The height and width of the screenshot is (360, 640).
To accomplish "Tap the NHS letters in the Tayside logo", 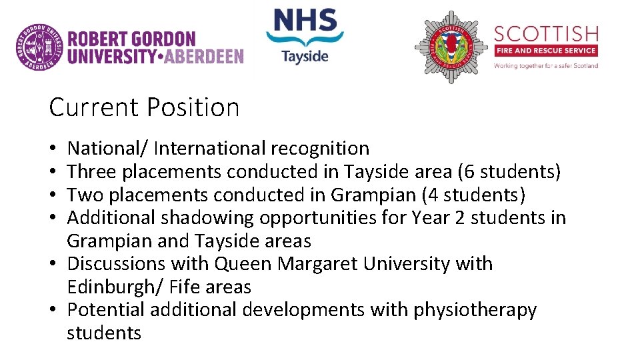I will point(305,21).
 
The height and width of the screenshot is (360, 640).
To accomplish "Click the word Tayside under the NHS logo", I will point(305,55).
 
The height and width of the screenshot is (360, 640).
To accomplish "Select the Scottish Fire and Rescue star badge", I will point(451,47).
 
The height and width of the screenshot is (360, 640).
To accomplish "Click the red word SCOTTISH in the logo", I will point(546,33).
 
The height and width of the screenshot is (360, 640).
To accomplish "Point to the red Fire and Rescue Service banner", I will point(546,51).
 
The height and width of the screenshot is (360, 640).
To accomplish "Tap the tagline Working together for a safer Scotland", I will point(546,65).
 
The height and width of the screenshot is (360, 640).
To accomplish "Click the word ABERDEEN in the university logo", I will point(203,56).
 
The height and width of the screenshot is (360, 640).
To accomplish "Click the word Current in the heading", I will point(94,107).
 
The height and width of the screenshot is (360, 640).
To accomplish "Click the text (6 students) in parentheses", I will point(509,172).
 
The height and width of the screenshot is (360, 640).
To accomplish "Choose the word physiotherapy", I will point(475,310).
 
